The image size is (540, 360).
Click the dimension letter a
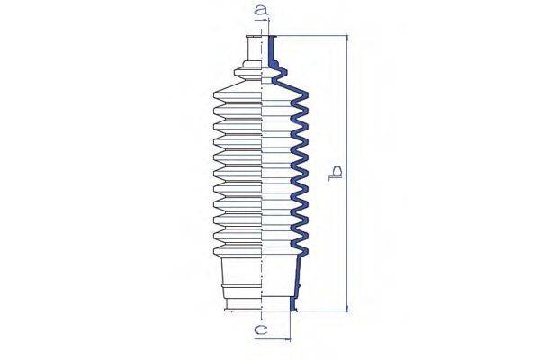pyautogui.click(x=261, y=10)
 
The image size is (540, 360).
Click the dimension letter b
pyautogui.click(x=335, y=174)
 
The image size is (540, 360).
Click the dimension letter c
pyautogui.click(x=261, y=329)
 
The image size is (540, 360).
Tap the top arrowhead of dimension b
pyautogui.click(x=346, y=39)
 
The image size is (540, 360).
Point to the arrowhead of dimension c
pyautogui.click(x=287, y=339)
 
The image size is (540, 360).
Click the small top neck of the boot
pyautogui.click(x=254, y=49)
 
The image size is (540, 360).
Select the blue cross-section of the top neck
pyautogui.click(x=271, y=50)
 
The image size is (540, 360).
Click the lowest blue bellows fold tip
pyautogui.click(x=305, y=251)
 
